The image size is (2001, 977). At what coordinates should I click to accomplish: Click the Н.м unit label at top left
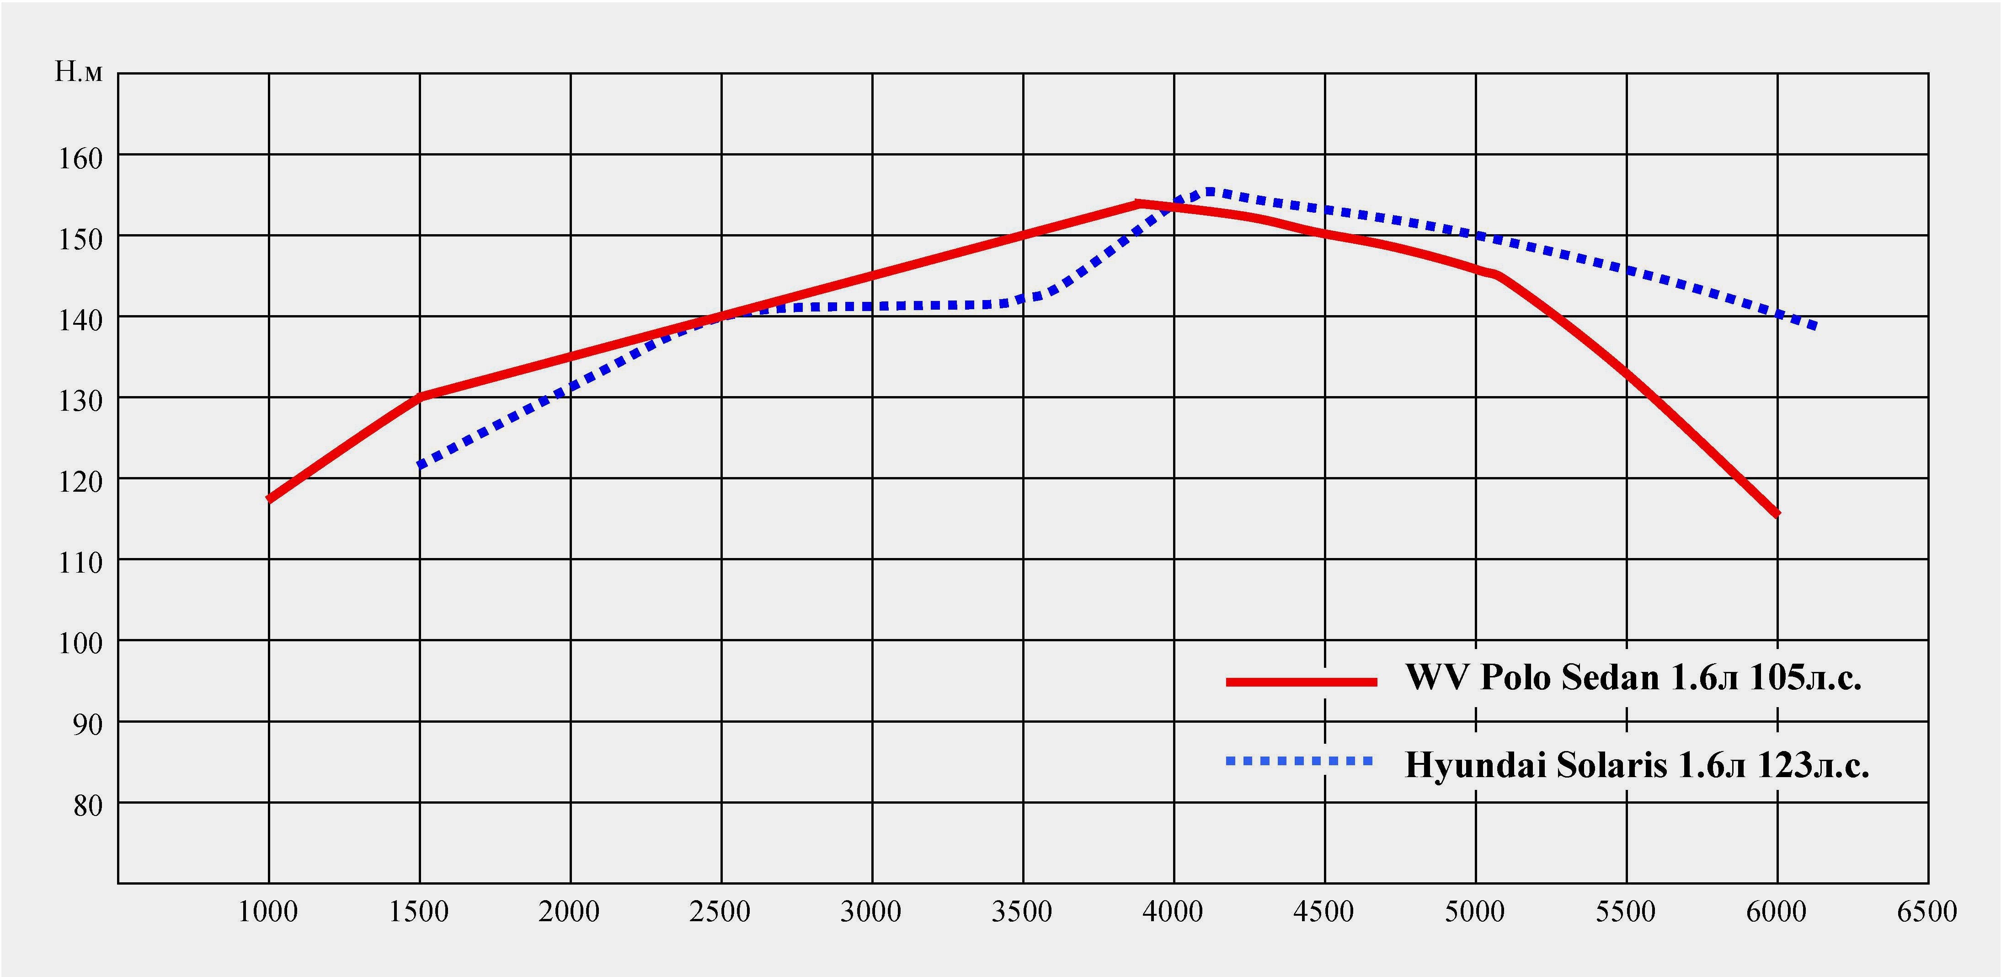[78, 72]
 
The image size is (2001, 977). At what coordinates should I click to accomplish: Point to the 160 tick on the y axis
[80, 159]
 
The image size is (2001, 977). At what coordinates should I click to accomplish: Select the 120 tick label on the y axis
[80, 482]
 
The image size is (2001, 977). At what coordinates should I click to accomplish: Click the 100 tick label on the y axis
[80, 644]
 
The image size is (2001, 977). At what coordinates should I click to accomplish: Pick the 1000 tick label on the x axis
[267, 912]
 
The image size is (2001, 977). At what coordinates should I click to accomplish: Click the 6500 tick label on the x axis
[1926, 912]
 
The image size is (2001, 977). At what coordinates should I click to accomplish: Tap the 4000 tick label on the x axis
[1172, 912]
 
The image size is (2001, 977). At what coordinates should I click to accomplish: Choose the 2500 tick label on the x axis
[719, 912]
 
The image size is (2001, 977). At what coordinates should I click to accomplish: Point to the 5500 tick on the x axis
[1625, 912]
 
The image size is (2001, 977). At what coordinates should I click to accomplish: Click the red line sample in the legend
[1301, 682]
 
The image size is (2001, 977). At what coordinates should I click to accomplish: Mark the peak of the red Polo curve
[1138, 204]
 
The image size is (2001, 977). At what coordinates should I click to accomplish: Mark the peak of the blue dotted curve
[1209, 191]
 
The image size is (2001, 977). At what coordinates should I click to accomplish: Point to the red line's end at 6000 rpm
[1777, 514]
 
